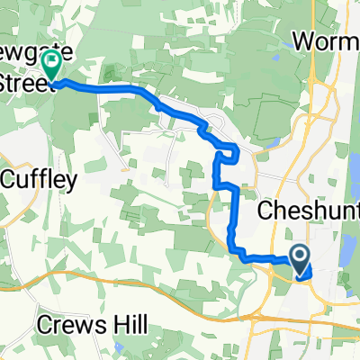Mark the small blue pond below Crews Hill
click(x=120, y=347)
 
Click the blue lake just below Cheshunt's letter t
click(x=347, y=243)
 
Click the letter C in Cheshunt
click(x=265, y=211)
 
